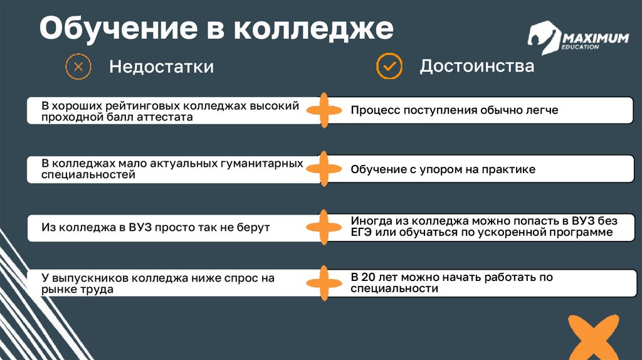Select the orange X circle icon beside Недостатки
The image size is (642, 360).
(78, 66)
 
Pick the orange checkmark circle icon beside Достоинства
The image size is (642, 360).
(389, 65)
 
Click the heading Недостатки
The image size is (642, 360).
(161, 66)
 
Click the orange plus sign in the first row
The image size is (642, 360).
(324, 111)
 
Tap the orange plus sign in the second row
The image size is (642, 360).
(324, 169)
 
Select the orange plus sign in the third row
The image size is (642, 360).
(324, 226)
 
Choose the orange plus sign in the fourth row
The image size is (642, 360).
(324, 283)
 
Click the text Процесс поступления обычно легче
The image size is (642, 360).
(454, 110)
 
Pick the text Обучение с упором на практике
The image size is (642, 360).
(443, 169)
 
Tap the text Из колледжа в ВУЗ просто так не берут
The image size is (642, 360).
(155, 227)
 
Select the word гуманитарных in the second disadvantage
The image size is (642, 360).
(260, 164)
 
